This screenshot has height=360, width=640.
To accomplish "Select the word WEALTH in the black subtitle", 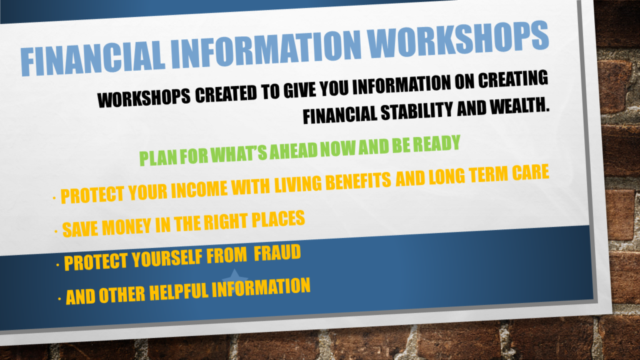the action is point(519,106).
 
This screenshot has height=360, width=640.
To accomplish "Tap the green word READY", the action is point(436,144).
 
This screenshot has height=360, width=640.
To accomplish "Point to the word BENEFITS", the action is point(358,181).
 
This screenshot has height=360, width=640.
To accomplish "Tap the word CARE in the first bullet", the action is point(531,173).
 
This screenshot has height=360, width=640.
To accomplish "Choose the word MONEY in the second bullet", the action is point(126,226).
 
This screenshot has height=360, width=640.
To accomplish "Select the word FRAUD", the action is point(277,254).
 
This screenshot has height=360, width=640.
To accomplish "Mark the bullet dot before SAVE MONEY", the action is point(56,232).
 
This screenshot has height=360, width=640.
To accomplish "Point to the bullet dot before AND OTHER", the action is point(59,299).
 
